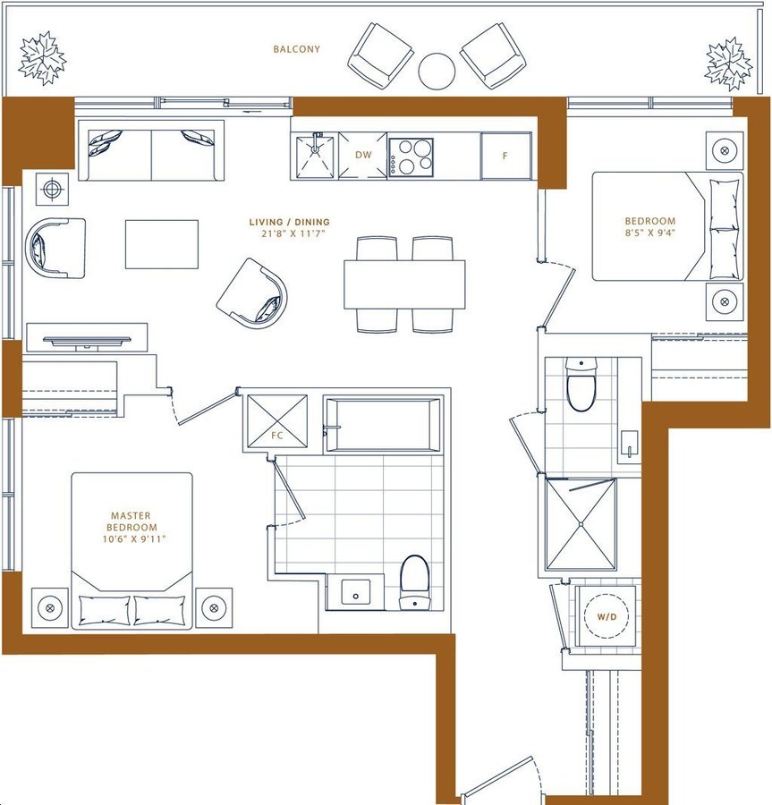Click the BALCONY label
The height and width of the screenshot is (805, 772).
pos(296,49)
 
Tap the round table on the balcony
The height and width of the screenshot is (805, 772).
pos(437,72)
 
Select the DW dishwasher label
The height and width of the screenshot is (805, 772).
pos(363,155)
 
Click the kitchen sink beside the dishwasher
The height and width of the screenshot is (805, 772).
pos(315,155)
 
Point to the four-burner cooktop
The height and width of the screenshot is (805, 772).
pos(411,157)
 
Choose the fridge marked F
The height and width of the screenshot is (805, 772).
pos(505,156)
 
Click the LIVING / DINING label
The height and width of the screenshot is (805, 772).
pos(290,223)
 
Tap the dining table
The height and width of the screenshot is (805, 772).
pos(404,284)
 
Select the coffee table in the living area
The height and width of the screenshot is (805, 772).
pos(162,244)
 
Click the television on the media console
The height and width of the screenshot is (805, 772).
pos(88,341)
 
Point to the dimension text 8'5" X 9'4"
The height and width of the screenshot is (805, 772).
pos(649,232)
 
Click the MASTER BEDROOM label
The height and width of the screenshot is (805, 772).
pos(131,521)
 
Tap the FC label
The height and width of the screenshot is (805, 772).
pos(276,436)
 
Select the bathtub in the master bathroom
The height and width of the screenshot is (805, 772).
pos(383,425)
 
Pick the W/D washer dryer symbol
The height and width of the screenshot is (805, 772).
pos(607,616)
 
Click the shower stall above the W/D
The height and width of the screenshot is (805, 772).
pos(581,523)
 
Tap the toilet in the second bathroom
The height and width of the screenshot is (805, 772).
pos(581,385)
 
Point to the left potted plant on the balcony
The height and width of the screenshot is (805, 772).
pos(42,58)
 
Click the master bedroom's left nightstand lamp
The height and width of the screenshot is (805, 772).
pos(50,608)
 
